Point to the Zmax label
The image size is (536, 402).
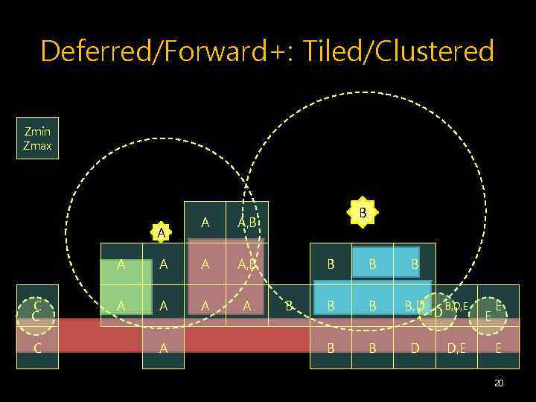point(37,146)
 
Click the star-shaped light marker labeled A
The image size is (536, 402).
point(162,233)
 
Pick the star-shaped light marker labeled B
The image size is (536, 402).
point(363,213)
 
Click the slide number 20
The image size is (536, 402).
point(498,383)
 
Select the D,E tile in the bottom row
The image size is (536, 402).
point(456,348)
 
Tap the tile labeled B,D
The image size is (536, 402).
point(415,305)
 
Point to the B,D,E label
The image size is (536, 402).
point(456,305)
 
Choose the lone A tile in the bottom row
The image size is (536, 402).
point(162,348)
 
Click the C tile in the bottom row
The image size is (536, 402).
point(37,348)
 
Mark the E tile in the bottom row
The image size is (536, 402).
point(498,348)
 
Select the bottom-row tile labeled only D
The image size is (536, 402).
point(415,348)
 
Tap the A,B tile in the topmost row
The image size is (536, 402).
point(247,222)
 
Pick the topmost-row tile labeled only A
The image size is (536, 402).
point(205,222)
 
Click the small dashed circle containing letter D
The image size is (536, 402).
point(438,310)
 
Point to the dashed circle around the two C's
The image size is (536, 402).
point(36,310)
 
